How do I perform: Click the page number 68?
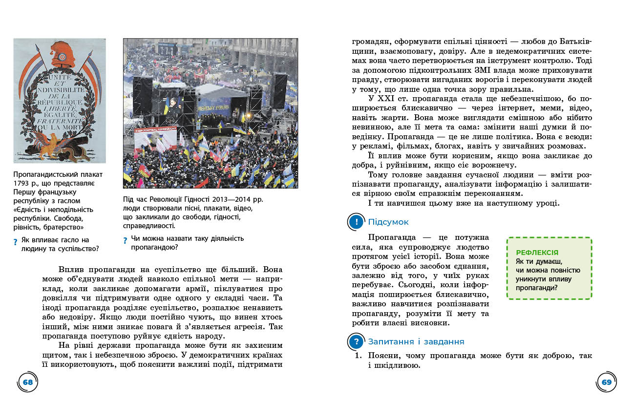[x=28, y=382]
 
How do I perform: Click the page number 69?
[x=607, y=382]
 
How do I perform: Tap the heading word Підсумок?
[x=388, y=222]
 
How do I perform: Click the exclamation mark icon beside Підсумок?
[x=357, y=222]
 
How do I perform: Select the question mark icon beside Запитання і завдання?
[x=357, y=342]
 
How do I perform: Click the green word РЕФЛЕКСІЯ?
[x=537, y=253]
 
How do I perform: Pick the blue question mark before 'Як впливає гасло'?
[x=16, y=241]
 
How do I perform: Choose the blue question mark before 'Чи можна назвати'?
[x=126, y=240]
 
